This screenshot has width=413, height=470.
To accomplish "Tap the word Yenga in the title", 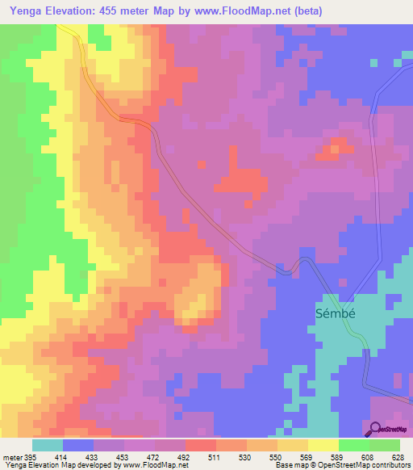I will point(25,10).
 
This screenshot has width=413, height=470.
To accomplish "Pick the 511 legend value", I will point(215,456).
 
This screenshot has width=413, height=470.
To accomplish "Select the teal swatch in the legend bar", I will point(48,445).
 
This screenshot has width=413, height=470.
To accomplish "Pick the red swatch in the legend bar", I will point(200,445).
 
